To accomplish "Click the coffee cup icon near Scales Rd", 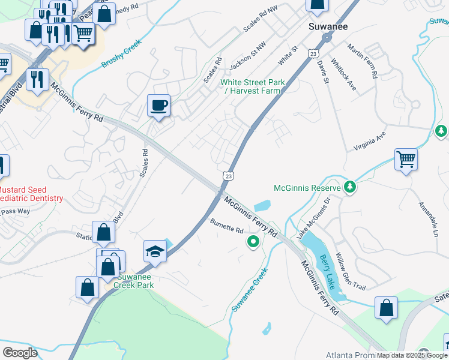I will [159, 106].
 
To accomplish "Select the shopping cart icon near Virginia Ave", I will [406, 159].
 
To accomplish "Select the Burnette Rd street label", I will [226, 226].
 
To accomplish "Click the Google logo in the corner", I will [20, 352].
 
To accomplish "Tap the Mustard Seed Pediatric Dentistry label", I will [30, 193].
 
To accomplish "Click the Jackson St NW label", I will [247, 55].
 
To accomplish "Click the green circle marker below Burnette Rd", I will [253, 242].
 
